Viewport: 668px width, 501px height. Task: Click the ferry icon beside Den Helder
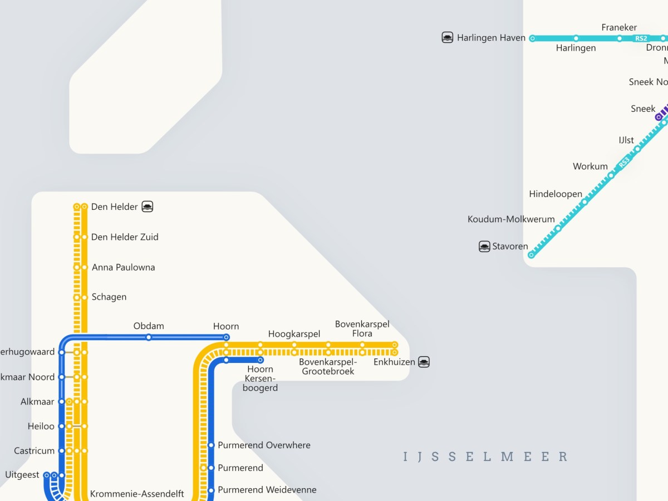point(148,207)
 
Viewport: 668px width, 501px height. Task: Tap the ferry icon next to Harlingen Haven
point(448,38)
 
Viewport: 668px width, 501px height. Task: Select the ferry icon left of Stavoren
point(485,246)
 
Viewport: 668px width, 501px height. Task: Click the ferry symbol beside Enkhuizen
point(424,362)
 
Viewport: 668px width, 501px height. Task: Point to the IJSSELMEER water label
point(485,457)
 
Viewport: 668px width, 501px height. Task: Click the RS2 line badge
point(641,38)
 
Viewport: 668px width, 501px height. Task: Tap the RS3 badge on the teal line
point(624,163)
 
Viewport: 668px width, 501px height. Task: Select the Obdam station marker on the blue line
point(149,337)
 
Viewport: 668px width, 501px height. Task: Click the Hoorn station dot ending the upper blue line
point(226,337)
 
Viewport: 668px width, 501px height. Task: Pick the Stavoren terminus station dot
point(531,255)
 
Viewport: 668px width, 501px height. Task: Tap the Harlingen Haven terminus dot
point(532,38)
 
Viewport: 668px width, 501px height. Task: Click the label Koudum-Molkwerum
point(511,219)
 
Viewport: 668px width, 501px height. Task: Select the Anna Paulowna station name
point(123,267)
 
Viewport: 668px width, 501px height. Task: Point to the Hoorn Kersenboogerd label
point(261,379)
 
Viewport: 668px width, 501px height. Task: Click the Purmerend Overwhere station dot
point(211,445)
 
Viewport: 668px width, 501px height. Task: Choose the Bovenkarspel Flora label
point(362,328)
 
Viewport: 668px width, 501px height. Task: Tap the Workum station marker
point(611,175)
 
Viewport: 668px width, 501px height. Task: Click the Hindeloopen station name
point(556,194)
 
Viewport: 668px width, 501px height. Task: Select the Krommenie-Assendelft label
point(137,494)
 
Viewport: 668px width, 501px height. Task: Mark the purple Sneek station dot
point(659,117)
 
